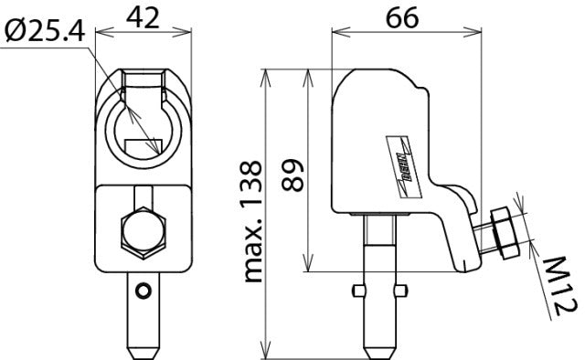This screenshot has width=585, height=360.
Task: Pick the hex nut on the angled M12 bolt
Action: pos(503,230)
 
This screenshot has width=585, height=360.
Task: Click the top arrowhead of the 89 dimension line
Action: pos(306,69)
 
